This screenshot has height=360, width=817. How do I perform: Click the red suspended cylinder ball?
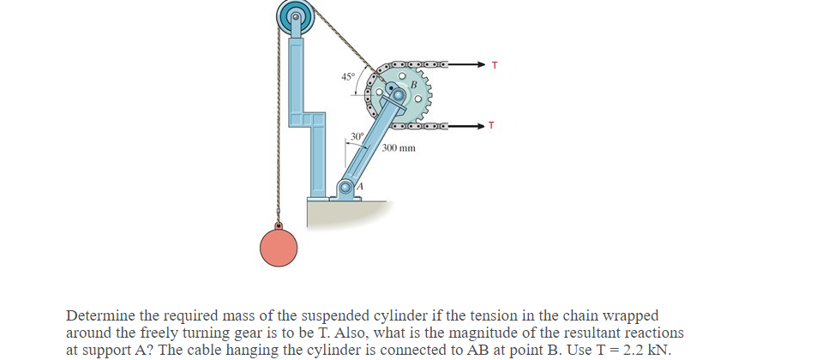(279, 247)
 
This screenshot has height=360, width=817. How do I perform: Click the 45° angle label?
(347, 77)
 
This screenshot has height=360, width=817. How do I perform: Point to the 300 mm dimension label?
(399, 147)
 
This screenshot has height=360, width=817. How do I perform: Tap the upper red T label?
(494, 64)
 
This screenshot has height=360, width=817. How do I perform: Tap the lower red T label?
(490, 126)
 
